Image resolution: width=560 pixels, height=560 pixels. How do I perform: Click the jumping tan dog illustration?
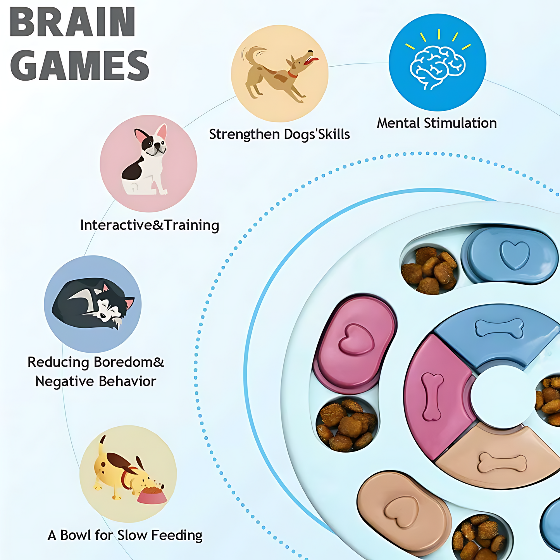279,74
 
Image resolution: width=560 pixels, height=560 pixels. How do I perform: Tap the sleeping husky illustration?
93,305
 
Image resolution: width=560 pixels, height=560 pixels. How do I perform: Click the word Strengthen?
245,134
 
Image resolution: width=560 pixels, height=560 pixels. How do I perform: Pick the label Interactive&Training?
150,225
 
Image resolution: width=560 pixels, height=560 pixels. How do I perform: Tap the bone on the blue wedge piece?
499,328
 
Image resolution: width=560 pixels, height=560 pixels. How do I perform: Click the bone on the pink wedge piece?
432,396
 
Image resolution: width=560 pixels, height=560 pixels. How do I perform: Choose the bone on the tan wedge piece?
502,463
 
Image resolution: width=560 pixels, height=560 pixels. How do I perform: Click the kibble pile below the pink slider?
346,424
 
